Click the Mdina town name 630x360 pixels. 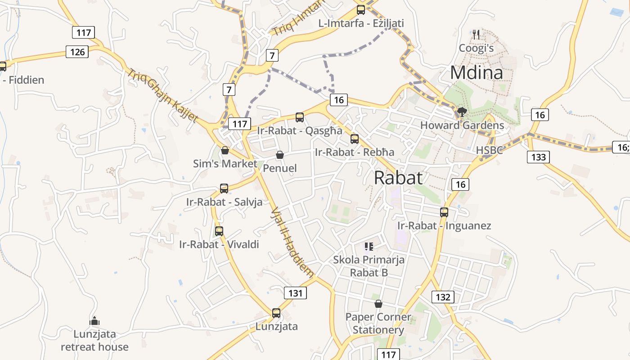(x=477, y=72)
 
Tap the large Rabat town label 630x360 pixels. (x=398, y=178)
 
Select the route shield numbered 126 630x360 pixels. (x=77, y=52)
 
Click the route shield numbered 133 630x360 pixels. (x=538, y=157)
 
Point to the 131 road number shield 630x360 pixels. (x=295, y=293)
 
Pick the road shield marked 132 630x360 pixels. (x=443, y=297)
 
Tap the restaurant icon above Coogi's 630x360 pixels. (x=476, y=34)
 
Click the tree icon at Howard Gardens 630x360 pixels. (x=462, y=112)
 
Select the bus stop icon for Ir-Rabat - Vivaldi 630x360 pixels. (x=219, y=231)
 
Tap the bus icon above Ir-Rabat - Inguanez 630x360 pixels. (x=444, y=212)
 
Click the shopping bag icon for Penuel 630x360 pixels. (x=280, y=155)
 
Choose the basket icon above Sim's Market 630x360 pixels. (x=225, y=150)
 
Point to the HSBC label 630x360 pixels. (x=490, y=150)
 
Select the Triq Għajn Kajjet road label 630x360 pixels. (x=162, y=95)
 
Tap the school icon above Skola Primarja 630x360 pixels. (x=369, y=246)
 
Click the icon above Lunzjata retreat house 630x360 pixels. (x=94, y=321)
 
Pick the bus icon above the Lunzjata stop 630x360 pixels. (x=276, y=313)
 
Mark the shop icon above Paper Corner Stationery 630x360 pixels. (x=378, y=304)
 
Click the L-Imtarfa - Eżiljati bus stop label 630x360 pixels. (x=361, y=23)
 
